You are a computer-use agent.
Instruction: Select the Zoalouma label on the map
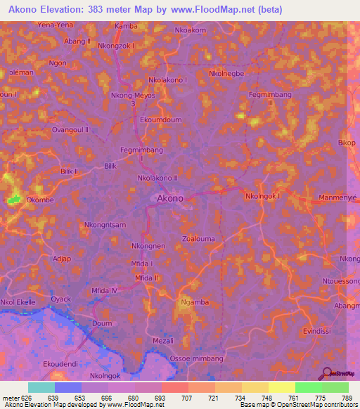click(x=198, y=239)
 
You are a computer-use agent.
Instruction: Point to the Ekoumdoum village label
click(x=161, y=120)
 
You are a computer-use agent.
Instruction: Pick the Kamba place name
click(x=126, y=26)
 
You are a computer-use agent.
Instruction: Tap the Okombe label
click(x=41, y=200)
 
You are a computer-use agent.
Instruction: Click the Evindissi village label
click(x=316, y=330)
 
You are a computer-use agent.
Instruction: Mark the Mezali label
click(x=162, y=341)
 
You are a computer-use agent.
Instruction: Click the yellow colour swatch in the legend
click(x=282, y=387)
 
